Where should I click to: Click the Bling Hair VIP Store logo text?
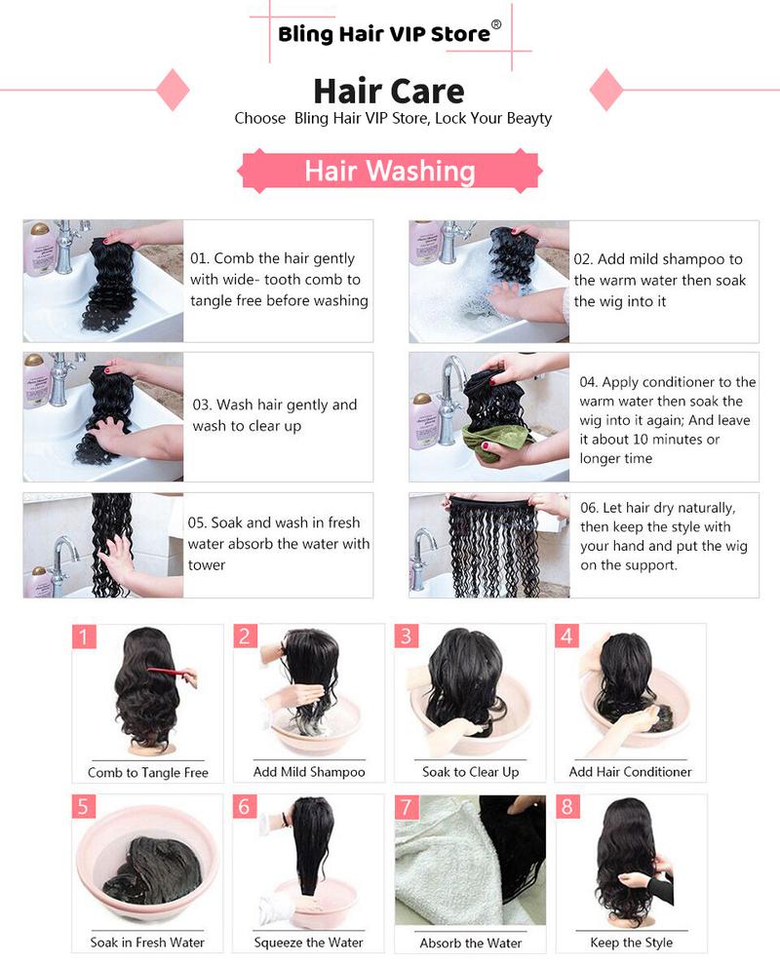(x=384, y=34)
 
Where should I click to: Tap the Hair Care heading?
(x=388, y=91)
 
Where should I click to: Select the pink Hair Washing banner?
(x=389, y=171)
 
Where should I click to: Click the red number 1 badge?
(x=85, y=636)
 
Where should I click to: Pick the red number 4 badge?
(x=566, y=636)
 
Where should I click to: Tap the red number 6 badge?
(x=245, y=807)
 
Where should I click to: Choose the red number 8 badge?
(x=566, y=807)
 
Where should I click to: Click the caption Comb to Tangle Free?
(x=148, y=772)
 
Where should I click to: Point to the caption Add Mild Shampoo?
(x=309, y=772)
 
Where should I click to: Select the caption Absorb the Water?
(x=470, y=943)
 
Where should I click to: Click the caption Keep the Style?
(x=631, y=943)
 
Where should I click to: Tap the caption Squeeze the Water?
(x=309, y=943)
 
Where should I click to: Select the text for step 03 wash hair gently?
(x=275, y=415)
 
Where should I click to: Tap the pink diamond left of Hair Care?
(x=173, y=89)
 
